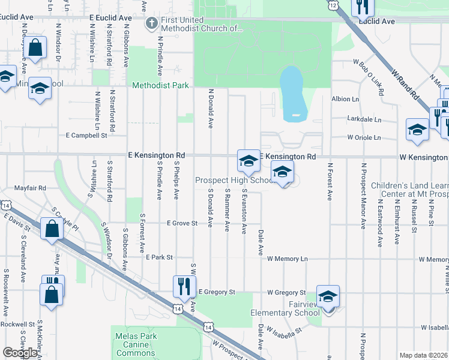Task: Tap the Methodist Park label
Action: click(161, 85)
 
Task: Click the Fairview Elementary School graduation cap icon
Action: click(328, 297)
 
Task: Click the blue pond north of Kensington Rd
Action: click(293, 92)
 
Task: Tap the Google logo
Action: click(20, 352)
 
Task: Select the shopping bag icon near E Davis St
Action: click(53, 229)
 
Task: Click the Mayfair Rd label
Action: click(30, 188)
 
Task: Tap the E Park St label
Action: click(159, 257)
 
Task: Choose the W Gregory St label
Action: click(287, 292)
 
